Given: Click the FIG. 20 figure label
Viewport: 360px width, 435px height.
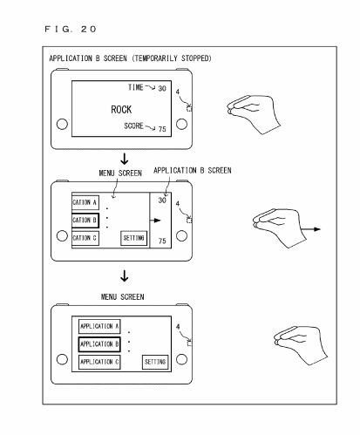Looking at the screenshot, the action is [70, 29].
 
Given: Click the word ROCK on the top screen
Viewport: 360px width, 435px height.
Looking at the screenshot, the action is [121, 110].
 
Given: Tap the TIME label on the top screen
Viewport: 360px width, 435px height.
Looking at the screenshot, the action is [136, 87].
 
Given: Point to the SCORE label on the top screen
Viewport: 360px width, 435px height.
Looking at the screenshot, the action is [133, 126].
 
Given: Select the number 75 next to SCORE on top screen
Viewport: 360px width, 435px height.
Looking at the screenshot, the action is [162, 129].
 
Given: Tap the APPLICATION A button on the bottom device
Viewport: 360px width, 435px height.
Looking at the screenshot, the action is [99, 326].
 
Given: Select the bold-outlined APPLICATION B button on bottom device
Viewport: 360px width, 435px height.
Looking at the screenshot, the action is [99, 344].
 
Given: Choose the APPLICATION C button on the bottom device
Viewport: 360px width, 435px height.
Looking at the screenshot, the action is [99, 362].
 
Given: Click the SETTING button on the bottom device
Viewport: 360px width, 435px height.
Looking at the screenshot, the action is [155, 362].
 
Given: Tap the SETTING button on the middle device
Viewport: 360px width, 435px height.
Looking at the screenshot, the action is [133, 238].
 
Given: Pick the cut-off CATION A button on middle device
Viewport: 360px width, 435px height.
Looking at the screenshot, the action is [85, 202].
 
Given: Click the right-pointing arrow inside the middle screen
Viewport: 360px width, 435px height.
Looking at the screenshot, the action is [155, 221].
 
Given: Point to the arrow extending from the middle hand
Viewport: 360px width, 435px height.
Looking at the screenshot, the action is [310, 229].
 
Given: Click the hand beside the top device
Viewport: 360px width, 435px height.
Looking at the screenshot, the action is [254, 114].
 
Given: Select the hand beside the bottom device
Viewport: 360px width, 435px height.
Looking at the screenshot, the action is [301, 345].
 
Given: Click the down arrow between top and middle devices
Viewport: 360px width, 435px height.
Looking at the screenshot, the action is [125, 159].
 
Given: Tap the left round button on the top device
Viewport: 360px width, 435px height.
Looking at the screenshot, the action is [62, 124].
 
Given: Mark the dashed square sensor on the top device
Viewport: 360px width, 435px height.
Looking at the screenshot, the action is [189, 109].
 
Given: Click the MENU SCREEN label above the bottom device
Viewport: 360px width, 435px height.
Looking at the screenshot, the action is [122, 297].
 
